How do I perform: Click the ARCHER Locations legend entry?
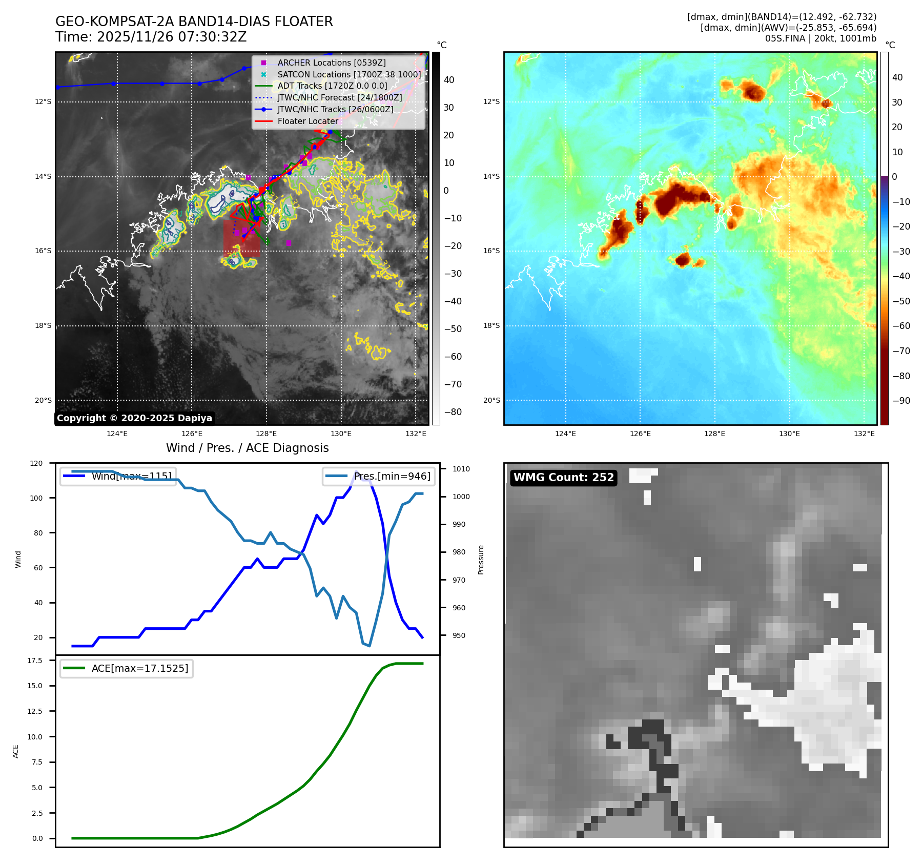pyautogui.click(x=331, y=63)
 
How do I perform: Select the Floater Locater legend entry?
pyautogui.click(x=307, y=121)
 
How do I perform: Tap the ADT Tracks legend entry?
pyautogui.click(x=332, y=86)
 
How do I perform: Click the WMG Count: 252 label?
pyautogui.click(x=563, y=478)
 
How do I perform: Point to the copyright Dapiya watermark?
pyautogui.click(x=134, y=418)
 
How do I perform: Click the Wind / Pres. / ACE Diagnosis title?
pyautogui.click(x=247, y=448)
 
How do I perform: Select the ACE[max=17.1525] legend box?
pyautogui.click(x=126, y=668)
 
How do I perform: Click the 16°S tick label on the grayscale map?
pyautogui.click(x=43, y=251)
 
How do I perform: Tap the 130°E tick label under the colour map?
pyautogui.click(x=789, y=434)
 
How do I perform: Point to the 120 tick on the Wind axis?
pyautogui.click(x=36, y=463)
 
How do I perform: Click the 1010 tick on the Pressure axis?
pyautogui.click(x=461, y=469)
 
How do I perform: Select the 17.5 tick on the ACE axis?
pyautogui.click(x=35, y=661)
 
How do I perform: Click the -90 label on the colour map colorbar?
pyautogui.click(x=901, y=401)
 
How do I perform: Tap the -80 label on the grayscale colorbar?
pyautogui.click(x=453, y=412)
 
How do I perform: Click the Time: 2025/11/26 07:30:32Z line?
pyautogui.click(x=151, y=37)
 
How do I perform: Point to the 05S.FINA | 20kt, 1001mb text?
pyautogui.click(x=821, y=38)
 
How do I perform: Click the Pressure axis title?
pyautogui.click(x=481, y=560)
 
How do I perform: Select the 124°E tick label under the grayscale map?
pyautogui.click(x=117, y=434)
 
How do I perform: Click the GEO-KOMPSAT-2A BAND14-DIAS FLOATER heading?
pyautogui.click(x=194, y=22)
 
